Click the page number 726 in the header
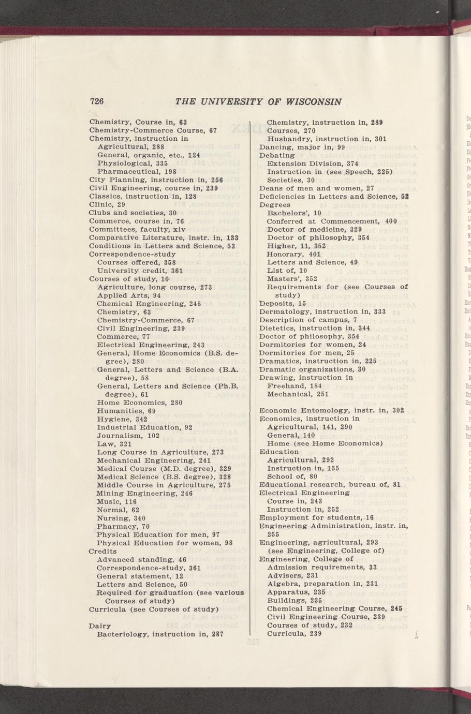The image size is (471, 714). click(x=97, y=101)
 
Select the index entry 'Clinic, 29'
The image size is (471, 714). click(x=107, y=204)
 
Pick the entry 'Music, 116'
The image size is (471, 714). click(x=116, y=502)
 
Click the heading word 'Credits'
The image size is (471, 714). click(x=103, y=551)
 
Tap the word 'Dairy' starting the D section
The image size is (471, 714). click(x=99, y=626)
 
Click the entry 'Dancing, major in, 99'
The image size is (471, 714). click(x=302, y=147)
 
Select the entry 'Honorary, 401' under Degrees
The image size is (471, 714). click(x=293, y=254)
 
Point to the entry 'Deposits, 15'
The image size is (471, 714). click(x=283, y=303)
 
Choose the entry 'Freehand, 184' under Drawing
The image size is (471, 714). click(x=295, y=385)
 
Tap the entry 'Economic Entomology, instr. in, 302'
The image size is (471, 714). click(x=331, y=410)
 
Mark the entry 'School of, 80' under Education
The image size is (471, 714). click(x=291, y=477)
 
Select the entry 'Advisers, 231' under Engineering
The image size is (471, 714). click(x=293, y=575)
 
